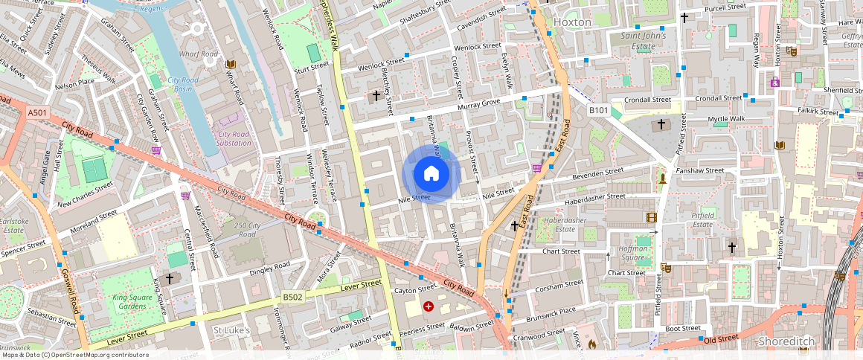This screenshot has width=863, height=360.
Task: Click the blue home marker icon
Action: tap(431, 175)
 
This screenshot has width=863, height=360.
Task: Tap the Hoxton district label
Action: tap(573, 22)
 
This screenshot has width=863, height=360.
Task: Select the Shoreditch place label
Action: tap(786, 341)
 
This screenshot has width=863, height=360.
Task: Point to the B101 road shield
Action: tap(599, 111)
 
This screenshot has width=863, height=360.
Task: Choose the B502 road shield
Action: tap(292, 297)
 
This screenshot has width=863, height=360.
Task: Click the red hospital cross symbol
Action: tap(429, 306)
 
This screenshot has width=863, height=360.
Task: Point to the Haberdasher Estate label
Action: tap(566, 225)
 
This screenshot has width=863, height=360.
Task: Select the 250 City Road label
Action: tap(246, 230)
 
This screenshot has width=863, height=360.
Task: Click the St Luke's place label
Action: tap(231, 330)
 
